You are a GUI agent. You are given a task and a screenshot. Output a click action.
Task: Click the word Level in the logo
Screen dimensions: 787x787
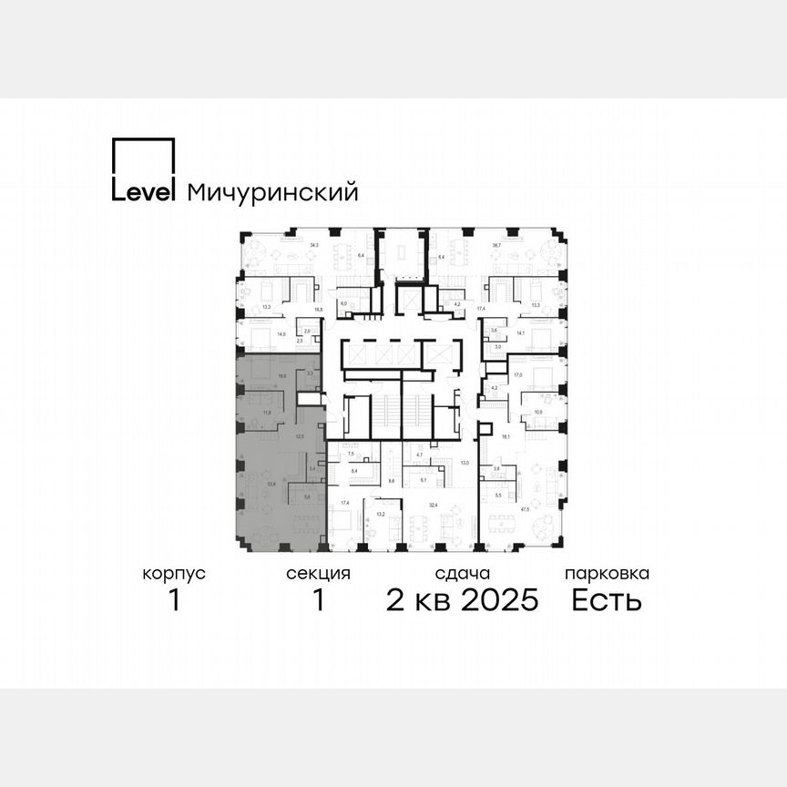tap(144, 192)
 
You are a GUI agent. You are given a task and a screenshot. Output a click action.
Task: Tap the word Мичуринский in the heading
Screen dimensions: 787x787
tap(271, 193)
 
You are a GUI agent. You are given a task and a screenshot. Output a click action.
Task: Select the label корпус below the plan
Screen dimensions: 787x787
tap(174, 574)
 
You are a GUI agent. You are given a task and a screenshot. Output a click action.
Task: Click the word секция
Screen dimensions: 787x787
tap(318, 574)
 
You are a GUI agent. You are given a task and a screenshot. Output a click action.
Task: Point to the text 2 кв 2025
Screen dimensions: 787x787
tap(463, 600)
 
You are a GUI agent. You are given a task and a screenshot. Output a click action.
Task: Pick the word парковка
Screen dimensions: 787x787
tap(607, 574)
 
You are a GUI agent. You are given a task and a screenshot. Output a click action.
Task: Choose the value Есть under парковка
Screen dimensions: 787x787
tap(607, 600)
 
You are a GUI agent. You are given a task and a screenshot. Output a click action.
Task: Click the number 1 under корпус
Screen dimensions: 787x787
tap(174, 600)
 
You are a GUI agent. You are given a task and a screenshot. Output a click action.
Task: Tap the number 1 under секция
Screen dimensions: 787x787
tap(318, 600)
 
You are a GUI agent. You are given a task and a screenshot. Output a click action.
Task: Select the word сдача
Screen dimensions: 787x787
tap(463, 574)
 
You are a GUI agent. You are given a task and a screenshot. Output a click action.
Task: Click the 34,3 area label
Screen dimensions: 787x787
tap(315, 246)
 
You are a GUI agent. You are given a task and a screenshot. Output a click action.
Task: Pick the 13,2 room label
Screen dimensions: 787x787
tap(381, 514)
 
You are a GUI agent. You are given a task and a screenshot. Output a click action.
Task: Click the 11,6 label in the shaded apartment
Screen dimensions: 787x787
tap(268, 413)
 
